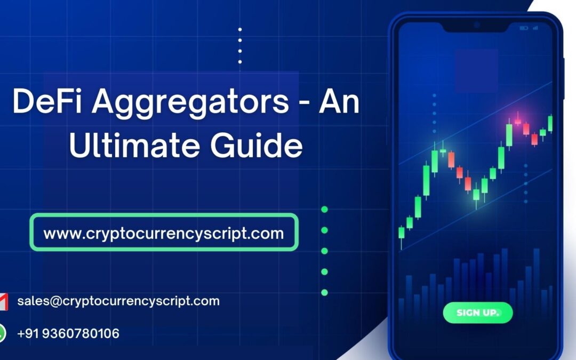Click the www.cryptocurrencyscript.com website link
pyautogui.click(x=164, y=233)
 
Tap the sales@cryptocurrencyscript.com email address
pyautogui.click(x=118, y=301)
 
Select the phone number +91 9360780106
pyautogui.click(x=68, y=334)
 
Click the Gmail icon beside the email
pyautogui.click(x=3, y=302)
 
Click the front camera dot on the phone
pyautogui.click(x=476, y=25)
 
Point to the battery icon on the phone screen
pyautogui.click(x=524, y=28)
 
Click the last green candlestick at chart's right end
pyautogui.click(x=550, y=123)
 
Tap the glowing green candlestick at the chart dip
pyautogui.click(x=476, y=193)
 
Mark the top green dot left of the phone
pyautogui.click(x=324, y=210)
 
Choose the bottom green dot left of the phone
pyautogui.click(x=324, y=292)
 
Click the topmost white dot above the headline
pyautogui.click(x=240, y=30)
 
